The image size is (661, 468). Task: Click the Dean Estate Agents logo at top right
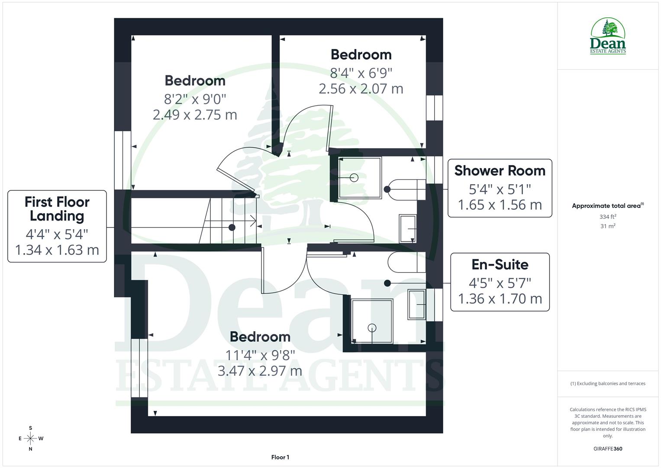[x=608, y=36]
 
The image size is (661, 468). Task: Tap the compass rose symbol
[x=30, y=439]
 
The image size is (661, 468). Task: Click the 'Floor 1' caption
[x=280, y=457]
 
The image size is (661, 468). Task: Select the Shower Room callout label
[x=500, y=188]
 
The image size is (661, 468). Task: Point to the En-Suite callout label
[x=500, y=282]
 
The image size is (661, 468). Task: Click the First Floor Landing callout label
[x=57, y=226]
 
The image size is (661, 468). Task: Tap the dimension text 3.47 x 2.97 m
[x=260, y=371]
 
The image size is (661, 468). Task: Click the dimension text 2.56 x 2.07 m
[x=361, y=89]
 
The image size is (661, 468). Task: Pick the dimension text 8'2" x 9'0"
[x=195, y=99]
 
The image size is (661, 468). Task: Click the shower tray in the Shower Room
[x=359, y=178]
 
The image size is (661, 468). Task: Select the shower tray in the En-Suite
[x=372, y=321]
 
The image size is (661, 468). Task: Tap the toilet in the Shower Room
[x=407, y=189]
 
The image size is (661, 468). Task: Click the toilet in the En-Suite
[x=406, y=263]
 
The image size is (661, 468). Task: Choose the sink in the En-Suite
[x=416, y=305]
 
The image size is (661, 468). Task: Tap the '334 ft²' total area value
[x=608, y=217]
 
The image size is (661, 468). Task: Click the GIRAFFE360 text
[x=608, y=449]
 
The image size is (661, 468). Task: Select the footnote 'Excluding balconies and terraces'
[x=608, y=383]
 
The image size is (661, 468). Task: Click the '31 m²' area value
[x=608, y=226]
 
